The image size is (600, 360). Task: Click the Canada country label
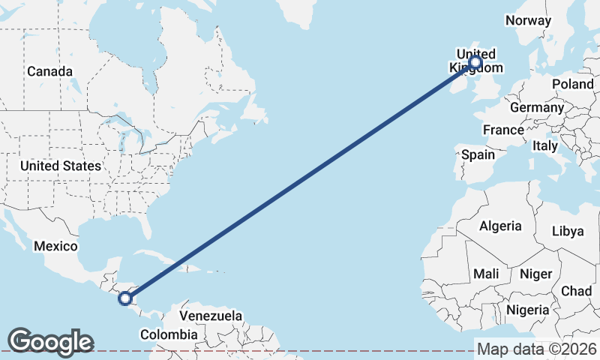coord(49,71)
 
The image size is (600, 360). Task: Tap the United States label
coord(60,165)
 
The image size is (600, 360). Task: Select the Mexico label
coord(55,246)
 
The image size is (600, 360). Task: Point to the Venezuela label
coord(211,316)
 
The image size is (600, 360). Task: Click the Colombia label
coord(169,334)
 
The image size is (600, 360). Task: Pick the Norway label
coord(529,20)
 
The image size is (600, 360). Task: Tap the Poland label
coord(572,84)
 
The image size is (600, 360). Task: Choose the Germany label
coord(536,107)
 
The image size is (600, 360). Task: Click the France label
coord(503,130)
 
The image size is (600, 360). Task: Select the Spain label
coord(478,154)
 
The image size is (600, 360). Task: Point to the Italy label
coord(545,145)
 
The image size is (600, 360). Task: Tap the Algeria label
coord(500,226)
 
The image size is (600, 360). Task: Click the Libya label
coord(567,231)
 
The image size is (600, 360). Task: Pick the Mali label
coord(486,274)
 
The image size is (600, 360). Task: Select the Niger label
coord(535,274)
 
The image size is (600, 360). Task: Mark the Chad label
coord(576,290)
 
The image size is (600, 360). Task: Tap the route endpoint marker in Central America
coord(125,298)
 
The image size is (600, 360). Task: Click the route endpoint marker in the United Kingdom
coord(475,63)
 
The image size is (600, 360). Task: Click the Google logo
coord(50,342)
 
